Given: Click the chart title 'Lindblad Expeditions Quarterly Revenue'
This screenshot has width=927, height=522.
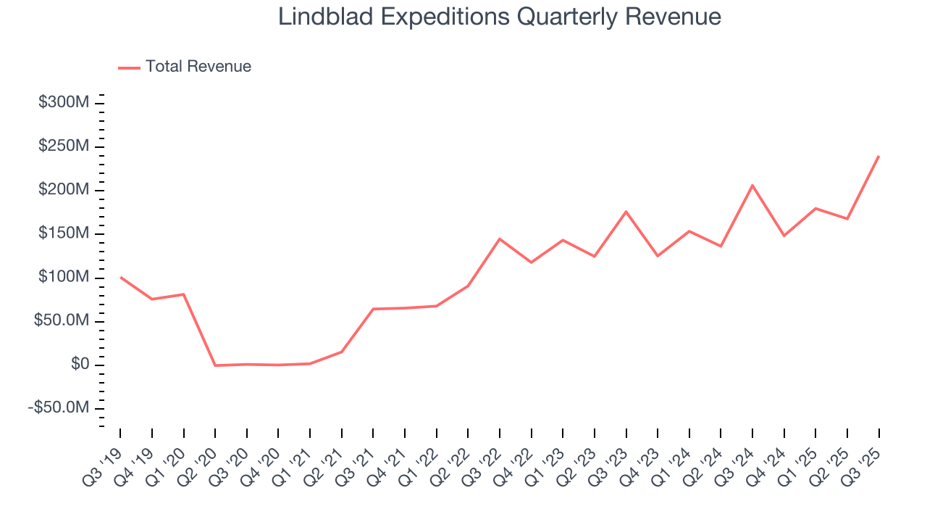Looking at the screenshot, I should (x=500, y=17).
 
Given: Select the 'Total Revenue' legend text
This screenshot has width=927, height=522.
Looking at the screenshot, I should (x=198, y=67).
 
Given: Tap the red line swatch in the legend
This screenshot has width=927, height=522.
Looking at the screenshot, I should (x=129, y=67).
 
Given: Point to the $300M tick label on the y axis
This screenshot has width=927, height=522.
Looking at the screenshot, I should (x=64, y=103).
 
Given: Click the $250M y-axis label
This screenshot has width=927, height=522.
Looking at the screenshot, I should (x=64, y=146).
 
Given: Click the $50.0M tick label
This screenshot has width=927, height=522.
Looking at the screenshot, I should (x=62, y=321).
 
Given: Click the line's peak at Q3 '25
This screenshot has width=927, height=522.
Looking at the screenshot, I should (x=878, y=156).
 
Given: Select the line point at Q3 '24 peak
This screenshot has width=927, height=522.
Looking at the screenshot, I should (x=752, y=185).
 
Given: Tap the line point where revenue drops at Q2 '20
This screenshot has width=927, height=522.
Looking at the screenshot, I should (x=215, y=365).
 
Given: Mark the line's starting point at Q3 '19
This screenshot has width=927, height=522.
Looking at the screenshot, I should (x=120, y=277).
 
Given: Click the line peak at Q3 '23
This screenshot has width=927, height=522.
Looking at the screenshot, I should (x=626, y=211).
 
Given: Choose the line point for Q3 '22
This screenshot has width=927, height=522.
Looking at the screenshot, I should (x=500, y=239).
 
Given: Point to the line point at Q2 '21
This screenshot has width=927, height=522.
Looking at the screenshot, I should (x=341, y=352).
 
